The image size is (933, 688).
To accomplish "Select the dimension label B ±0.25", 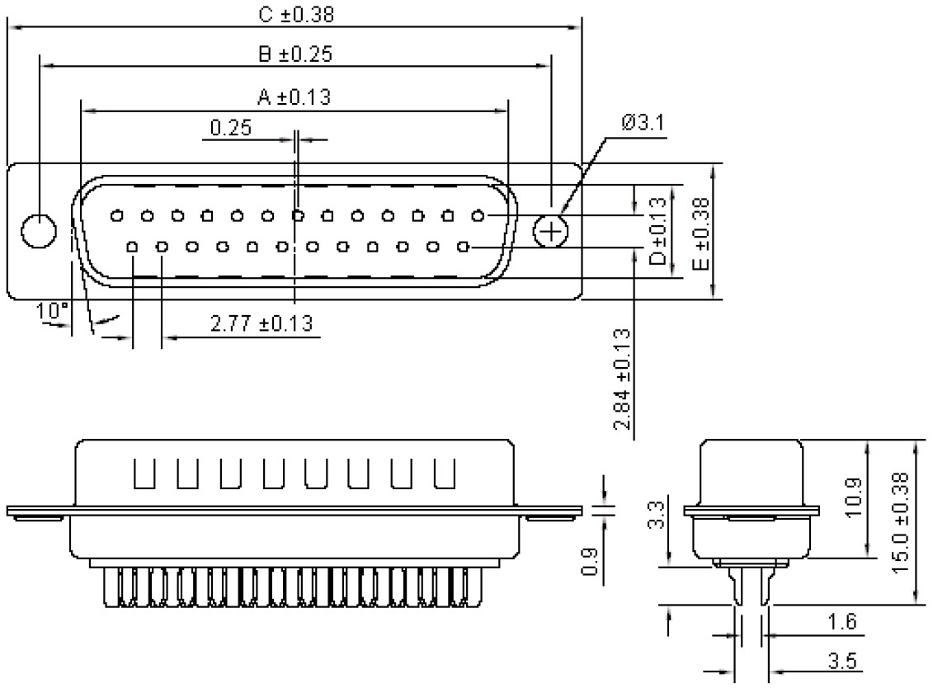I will click(295, 54).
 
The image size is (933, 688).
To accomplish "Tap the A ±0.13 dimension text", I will click(294, 97).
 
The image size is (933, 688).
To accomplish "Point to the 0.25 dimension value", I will click(231, 127).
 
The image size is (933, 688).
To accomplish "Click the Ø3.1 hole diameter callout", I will click(643, 123).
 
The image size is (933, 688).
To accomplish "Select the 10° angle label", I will click(52, 311).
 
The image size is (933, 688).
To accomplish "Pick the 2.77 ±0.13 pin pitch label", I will click(262, 323).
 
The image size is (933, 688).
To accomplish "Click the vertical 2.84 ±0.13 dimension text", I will click(623, 379).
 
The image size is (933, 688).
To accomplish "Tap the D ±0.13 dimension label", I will click(657, 230).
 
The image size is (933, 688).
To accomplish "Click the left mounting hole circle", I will click(38, 230).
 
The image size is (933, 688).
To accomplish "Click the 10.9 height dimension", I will click(855, 497).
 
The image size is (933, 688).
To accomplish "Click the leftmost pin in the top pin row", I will click(117, 216).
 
